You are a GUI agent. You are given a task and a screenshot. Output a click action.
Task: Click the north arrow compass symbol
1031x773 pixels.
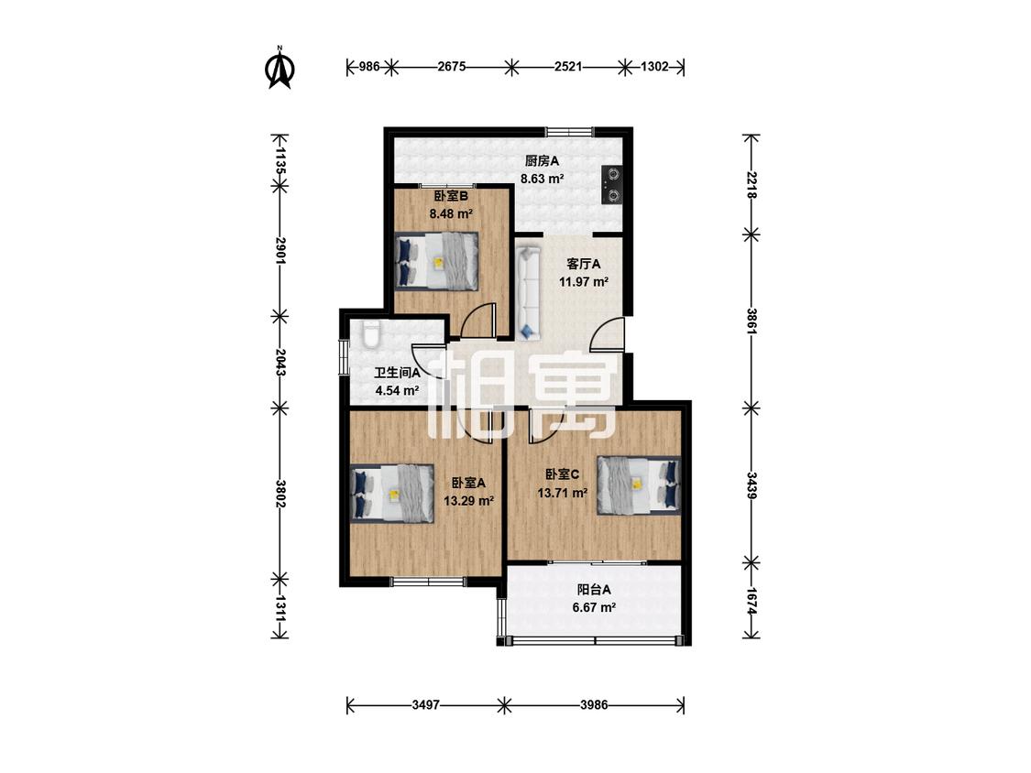click(x=280, y=68)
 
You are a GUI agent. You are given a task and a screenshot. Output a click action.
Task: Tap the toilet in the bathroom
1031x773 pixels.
click(x=371, y=334)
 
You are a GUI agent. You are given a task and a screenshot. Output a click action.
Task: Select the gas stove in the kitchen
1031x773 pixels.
click(x=612, y=184)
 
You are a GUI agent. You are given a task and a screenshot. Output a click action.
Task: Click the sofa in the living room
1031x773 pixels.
click(x=528, y=293)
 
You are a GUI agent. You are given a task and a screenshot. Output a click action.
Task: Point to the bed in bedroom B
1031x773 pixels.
click(x=436, y=261)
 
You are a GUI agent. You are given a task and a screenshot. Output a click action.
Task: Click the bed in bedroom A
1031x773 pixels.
click(x=392, y=494)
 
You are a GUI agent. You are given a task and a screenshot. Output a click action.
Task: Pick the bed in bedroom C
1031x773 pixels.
click(x=639, y=485)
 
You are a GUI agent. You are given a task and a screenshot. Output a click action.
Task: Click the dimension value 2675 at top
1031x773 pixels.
click(x=452, y=66)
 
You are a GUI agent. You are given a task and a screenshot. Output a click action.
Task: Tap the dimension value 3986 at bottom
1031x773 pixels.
click(x=594, y=705)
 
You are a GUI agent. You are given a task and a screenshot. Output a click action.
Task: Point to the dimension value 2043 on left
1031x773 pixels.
click(x=280, y=362)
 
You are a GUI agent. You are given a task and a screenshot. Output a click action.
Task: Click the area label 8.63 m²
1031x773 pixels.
click(x=542, y=179)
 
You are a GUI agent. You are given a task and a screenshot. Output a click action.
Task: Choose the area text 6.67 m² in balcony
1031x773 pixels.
click(x=594, y=608)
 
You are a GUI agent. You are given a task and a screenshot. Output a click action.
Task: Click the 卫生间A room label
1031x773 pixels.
click(x=397, y=374)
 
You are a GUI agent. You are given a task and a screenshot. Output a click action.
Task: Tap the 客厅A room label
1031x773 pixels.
click(x=584, y=265)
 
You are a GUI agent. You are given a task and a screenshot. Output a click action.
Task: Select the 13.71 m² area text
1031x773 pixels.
click(x=562, y=493)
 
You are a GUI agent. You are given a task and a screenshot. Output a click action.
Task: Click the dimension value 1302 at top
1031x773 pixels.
click(x=654, y=66)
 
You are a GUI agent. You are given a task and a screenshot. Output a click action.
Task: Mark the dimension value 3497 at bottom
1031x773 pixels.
click(x=425, y=705)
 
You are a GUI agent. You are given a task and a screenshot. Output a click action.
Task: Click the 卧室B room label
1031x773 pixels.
click(x=451, y=196)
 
